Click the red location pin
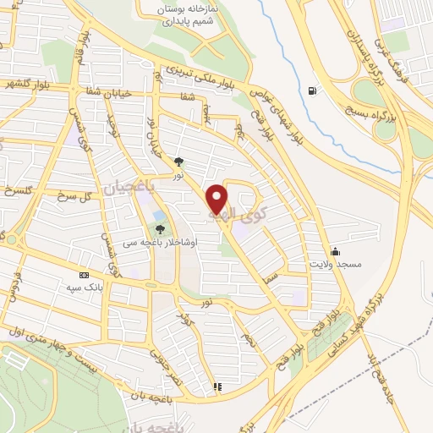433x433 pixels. coord(217,200)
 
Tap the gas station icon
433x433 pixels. coord(314,90)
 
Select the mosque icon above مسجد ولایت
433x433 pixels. coord(336,251)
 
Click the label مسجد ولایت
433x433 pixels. coord(338,265)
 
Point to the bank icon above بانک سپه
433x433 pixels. coord(83,275)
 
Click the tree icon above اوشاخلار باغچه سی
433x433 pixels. coord(161,227)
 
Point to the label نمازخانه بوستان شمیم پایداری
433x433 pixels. coord(181,13)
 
